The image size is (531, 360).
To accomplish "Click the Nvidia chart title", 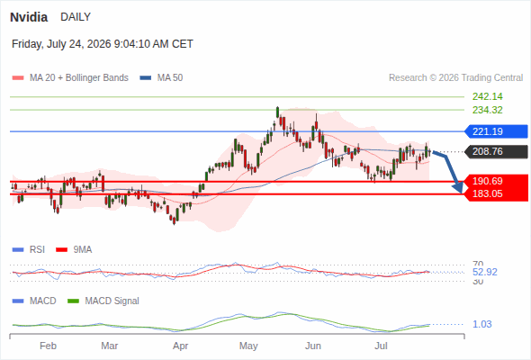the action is tap(29, 17).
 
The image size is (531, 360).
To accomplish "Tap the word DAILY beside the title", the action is tap(76, 17).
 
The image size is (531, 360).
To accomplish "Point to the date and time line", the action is tap(103, 44).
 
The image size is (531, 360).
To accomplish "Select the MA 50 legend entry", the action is tap(161, 78).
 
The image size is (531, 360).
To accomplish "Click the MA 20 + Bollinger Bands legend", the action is tap(70, 78).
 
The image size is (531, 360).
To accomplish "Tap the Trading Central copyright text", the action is tap(455, 78).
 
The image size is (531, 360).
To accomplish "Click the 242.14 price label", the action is tap(487, 97).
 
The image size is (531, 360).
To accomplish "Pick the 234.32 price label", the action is tap(487, 110).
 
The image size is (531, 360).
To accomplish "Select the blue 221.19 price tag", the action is tap(496, 131).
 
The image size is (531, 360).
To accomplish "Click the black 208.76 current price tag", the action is tap(496, 151).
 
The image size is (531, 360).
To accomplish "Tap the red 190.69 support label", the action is tap(487, 181).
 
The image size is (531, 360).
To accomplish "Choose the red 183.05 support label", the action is tap(487, 194).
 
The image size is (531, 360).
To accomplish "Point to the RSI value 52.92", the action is tap(485, 273).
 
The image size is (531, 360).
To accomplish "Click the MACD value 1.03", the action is tap(481, 324).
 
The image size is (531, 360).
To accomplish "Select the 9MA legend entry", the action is tap(74, 250).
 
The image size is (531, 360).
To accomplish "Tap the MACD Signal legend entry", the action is tap(103, 301).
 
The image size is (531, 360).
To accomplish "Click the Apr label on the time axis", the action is tap(181, 346).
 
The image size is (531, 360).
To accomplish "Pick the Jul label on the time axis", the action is tap(381, 346).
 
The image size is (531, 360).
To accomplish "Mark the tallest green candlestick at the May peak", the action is tap(278, 112).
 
